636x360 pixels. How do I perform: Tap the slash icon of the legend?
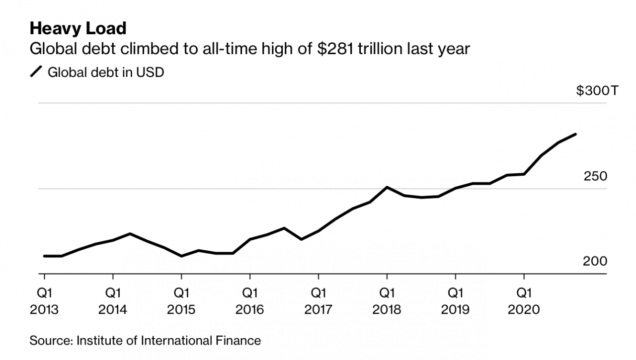click(36, 72)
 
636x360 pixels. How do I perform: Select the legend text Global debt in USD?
click(105, 72)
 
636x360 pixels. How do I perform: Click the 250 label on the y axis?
click(595, 176)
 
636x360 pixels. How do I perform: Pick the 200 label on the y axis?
click(595, 261)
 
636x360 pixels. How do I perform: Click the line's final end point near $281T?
click(575, 134)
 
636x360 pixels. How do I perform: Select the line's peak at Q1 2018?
click(387, 187)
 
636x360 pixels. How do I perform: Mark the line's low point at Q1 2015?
click(181, 256)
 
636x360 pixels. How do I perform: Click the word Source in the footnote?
click(45, 341)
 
